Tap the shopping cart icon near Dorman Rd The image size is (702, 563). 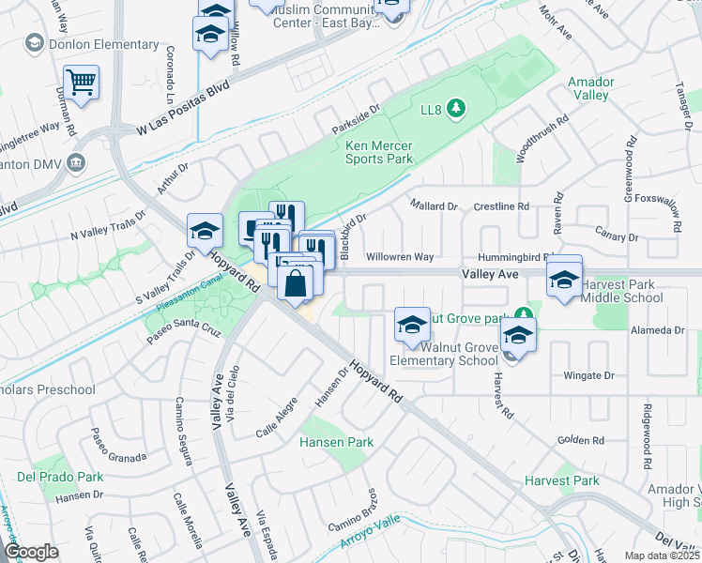pyautogui.click(x=82, y=82)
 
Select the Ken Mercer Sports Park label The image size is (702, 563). pyautogui.click(x=379, y=152)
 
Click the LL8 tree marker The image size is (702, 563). pyautogui.click(x=456, y=110)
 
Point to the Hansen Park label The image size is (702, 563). pyautogui.click(x=336, y=442)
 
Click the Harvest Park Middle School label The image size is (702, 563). pyautogui.click(x=621, y=291)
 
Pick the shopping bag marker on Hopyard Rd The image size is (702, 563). pyautogui.click(x=296, y=281)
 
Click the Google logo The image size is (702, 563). pyautogui.click(x=32, y=552)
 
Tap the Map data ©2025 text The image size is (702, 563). pyautogui.click(x=663, y=555)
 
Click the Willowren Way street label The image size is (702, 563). pyautogui.click(x=400, y=256)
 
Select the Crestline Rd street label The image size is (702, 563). pyautogui.click(x=501, y=205)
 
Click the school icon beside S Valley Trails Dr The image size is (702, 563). pyautogui.click(x=206, y=230)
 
